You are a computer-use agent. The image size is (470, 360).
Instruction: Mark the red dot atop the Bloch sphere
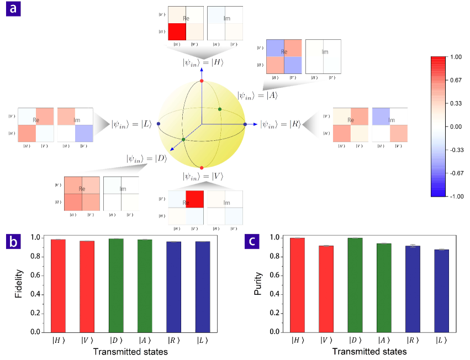pos(202,81)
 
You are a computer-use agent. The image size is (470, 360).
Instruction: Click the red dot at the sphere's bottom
pos(202,167)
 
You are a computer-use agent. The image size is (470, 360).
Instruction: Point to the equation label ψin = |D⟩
pos(146,158)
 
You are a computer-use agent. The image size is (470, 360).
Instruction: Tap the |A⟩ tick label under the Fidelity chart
pos(145,341)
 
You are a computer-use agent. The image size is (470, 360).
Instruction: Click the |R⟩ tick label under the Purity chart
pos(411,341)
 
